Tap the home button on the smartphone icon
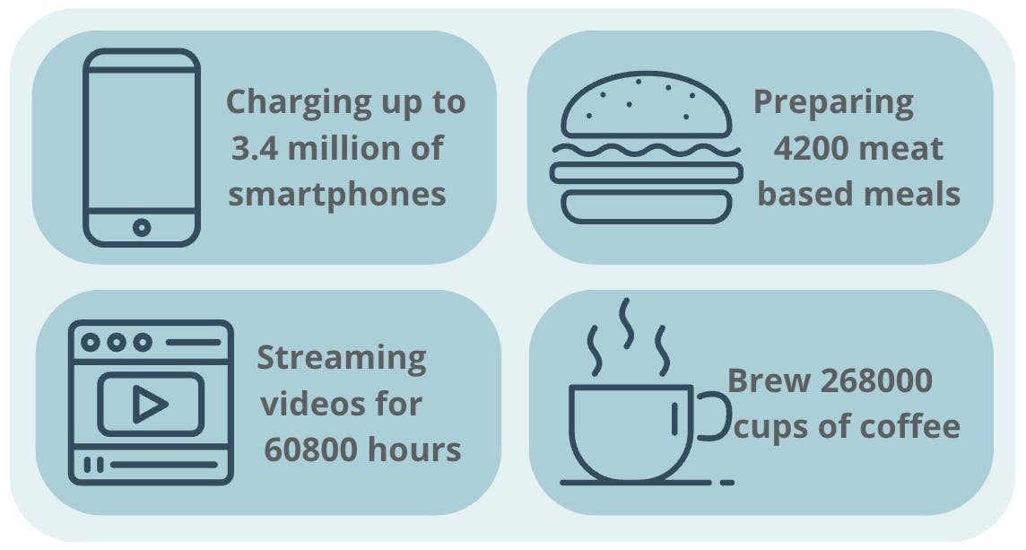click(x=142, y=227)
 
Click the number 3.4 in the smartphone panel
click(x=255, y=148)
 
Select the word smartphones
click(x=337, y=195)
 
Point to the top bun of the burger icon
click(x=647, y=105)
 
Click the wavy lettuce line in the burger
click(x=647, y=151)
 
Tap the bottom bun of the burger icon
click(x=647, y=207)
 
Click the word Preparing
click(x=834, y=104)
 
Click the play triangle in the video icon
click(x=150, y=404)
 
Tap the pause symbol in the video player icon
click(x=93, y=465)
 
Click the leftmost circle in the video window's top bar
click(x=91, y=343)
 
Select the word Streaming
click(x=342, y=360)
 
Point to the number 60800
click(x=311, y=450)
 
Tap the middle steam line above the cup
click(x=627, y=324)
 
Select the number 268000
click(x=876, y=381)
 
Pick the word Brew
click(x=769, y=381)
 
